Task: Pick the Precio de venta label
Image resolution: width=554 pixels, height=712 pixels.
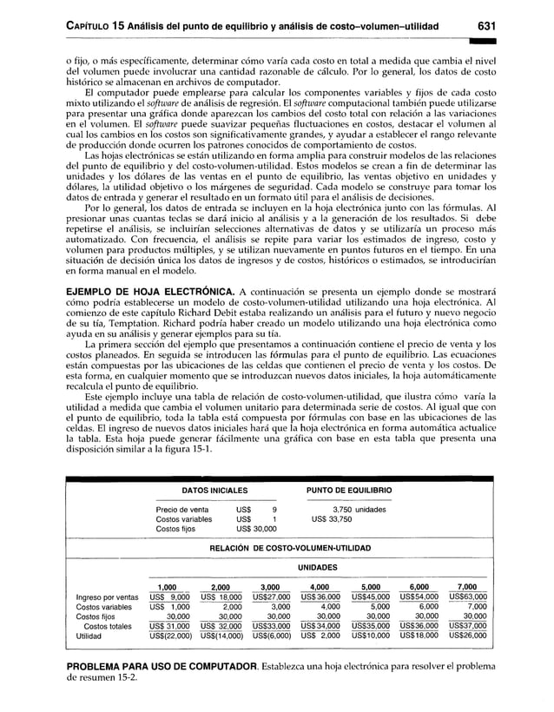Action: (181, 510)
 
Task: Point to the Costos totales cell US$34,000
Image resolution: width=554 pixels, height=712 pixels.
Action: (320, 626)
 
